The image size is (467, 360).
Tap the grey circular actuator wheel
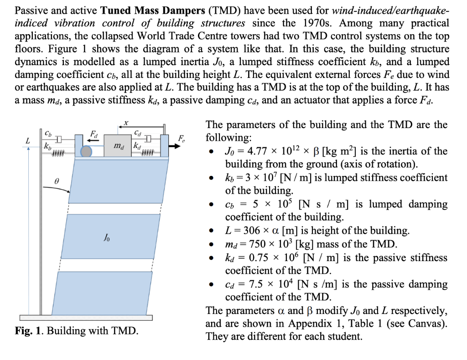[86, 152]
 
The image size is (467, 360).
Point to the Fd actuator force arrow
[93, 140]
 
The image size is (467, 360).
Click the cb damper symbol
[58, 139]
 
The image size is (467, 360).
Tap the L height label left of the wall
[28, 141]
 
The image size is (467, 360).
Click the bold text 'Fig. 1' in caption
[29, 330]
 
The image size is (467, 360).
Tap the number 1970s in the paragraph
[324, 23]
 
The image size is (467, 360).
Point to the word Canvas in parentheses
[425, 324]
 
